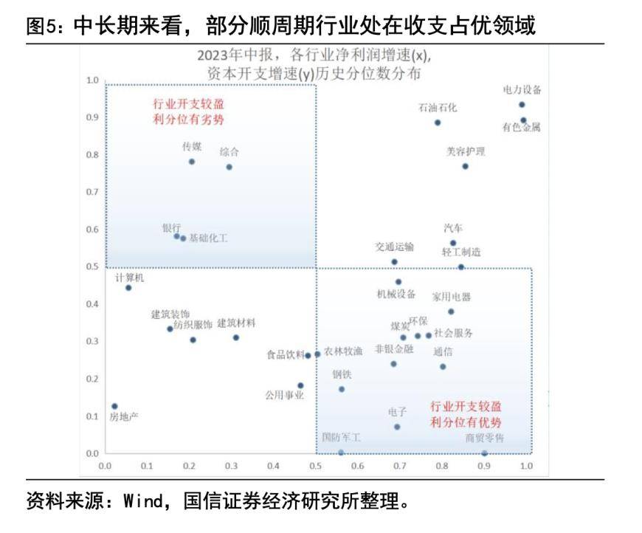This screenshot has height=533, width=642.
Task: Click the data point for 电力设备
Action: pyautogui.click(x=522, y=105)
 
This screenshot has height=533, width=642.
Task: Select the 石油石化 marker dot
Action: pyautogui.click(x=438, y=123)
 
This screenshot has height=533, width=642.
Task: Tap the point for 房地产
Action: pyautogui.click(x=114, y=406)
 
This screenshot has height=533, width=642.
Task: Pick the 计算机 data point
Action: pyautogui.click(x=128, y=288)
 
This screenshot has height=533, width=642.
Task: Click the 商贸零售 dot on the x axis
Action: pyautogui.click(x=484, y=453)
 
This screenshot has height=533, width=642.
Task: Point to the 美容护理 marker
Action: pyautogui.click(x=465, y=166)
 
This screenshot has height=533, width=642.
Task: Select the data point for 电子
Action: pyautogui.click(x=397, y=427)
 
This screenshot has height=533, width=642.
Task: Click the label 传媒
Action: pyautogui.click(x=192, y=147)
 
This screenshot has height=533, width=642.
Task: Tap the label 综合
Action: pyautogui.click(x=229, y=152)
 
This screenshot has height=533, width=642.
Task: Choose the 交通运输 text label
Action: pyautogui.click(x=394, y=247)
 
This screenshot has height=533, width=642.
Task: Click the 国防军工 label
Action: pyautogui.click(x=341, y=438)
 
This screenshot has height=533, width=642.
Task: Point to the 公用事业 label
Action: pyautogui.click(x=284, y=395)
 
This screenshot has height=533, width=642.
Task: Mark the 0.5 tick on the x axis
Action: pyautogui.click(x=316, y=467)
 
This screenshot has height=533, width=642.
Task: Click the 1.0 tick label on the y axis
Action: pyautogui.click(x=93, y=80)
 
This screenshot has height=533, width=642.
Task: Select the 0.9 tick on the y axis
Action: pyautogui.click(x=93, y=117)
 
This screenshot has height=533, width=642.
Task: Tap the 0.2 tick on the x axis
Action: pyautogui.click(x=190, y=467)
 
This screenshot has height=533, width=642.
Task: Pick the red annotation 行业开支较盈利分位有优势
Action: pyautogui.click(x=466, y=414)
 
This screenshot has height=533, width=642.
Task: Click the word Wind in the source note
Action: pyautogui.click(x=137, y=503)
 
